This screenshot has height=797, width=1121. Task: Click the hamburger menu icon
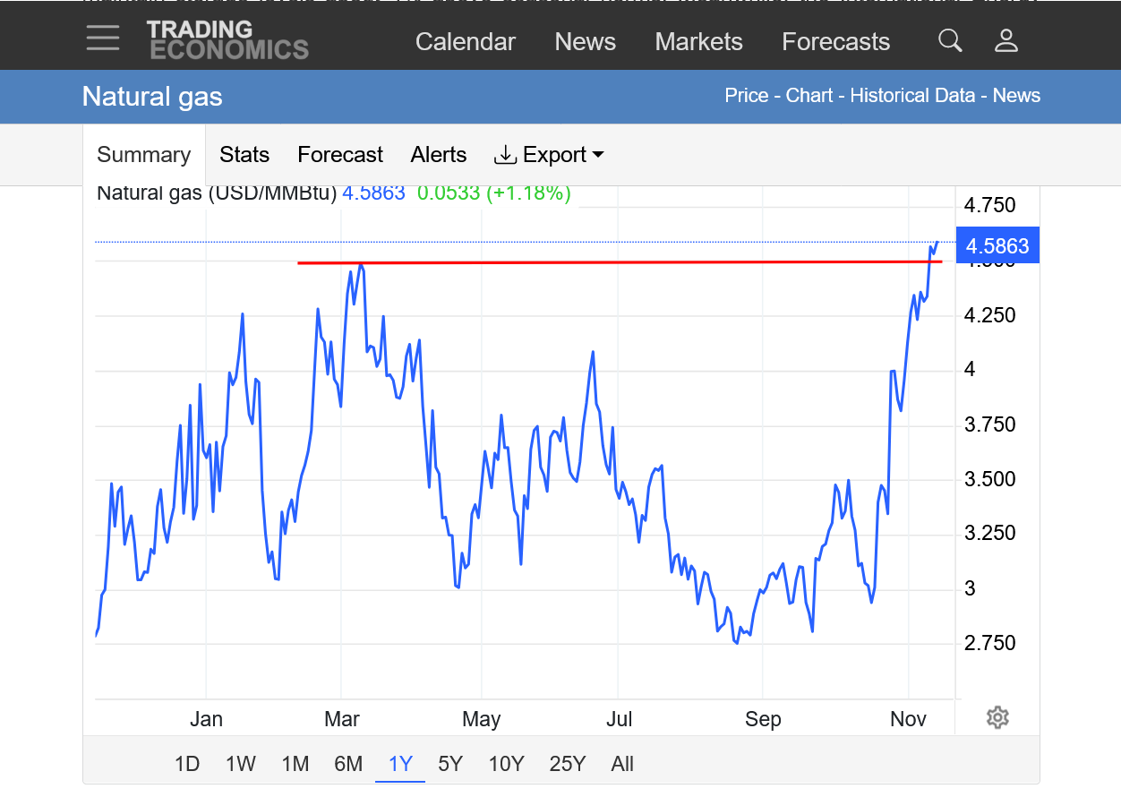(103, 38)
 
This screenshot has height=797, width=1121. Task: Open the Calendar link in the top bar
(466, 42)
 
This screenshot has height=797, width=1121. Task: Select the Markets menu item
(698, 42)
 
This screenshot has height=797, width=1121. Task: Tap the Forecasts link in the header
(835, 42)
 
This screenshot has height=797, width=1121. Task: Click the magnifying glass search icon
(950, 40)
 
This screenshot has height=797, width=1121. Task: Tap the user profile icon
(1006, 40)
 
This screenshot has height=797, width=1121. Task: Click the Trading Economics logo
(227, 40)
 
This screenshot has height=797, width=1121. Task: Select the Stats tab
(244, 155)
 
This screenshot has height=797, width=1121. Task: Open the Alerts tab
(439, 155)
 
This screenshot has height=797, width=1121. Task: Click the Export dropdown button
(549, 155)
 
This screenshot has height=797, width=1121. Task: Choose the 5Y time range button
(450, 764)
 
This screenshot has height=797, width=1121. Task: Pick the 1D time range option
(186, 764)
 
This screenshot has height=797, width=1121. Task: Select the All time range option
(622, 764)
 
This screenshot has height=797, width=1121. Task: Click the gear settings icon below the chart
(997, 717)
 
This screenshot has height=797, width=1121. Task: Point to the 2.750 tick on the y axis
(989, 643)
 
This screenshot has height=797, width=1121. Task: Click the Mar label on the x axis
(342, 719)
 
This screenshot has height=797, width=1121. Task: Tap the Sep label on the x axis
(763, 719)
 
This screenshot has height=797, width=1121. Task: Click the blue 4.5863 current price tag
(997, 246)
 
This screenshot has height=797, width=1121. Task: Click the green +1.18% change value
(528, 193)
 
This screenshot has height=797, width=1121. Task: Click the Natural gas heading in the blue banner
(152, 97)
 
